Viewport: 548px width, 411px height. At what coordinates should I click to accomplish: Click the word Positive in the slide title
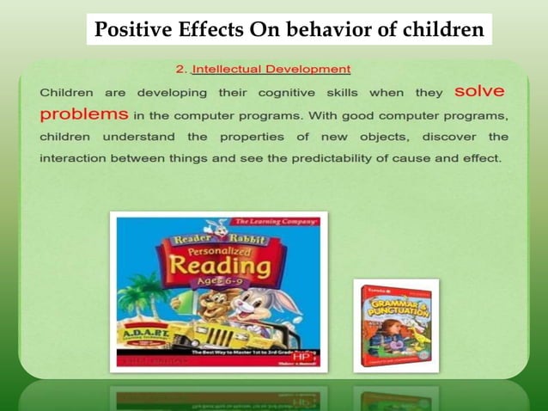click(126, 30)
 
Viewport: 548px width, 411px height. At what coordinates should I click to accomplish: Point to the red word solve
click(479, 91)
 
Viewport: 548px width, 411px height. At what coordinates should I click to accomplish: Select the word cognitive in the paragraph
click(283, 92)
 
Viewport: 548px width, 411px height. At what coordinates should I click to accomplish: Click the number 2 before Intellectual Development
click(180, 69)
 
